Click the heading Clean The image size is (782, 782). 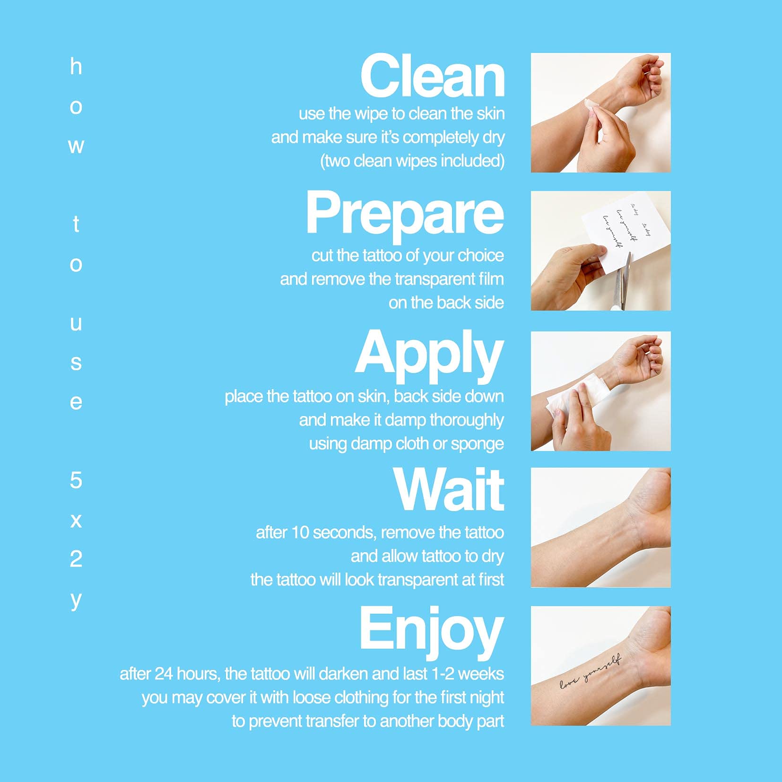433,76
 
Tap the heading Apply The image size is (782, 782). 429,355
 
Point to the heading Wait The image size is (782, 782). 449,490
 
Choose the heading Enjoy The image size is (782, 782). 432,631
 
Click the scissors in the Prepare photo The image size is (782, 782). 622,282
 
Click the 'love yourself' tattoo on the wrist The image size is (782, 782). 591,672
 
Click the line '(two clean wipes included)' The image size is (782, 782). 412,161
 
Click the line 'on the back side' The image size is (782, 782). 446,303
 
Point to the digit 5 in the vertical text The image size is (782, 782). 76,480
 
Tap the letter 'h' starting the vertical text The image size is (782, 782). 76,66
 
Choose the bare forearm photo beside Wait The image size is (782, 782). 600,528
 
